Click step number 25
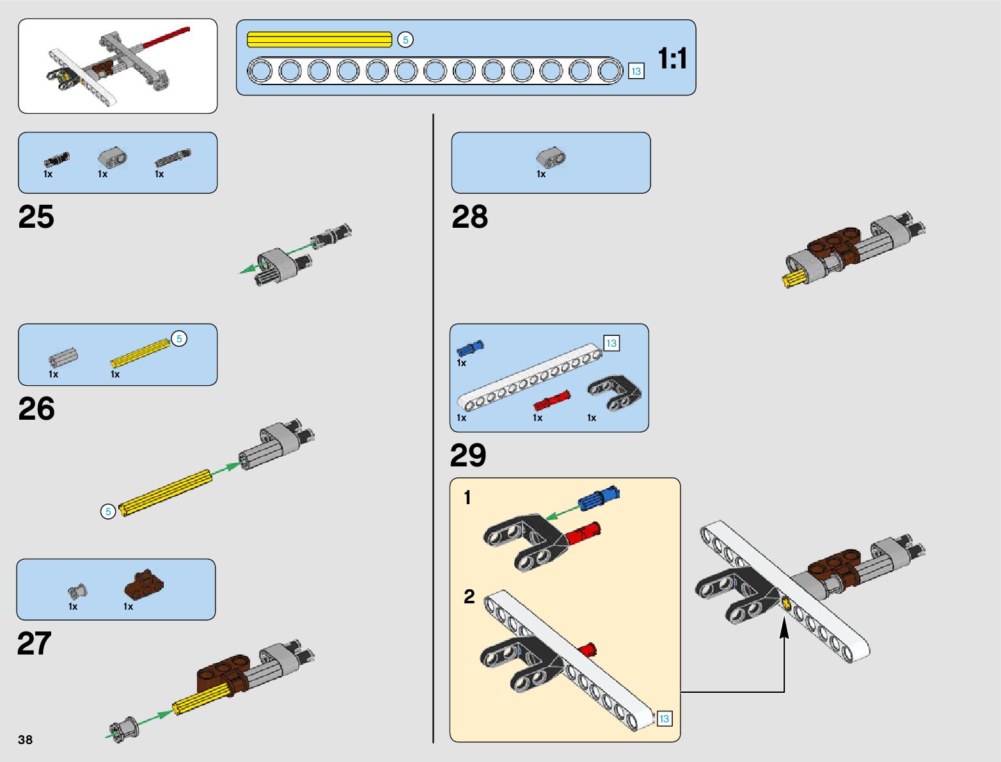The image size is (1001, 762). pyautogui.click(x=36, y=217)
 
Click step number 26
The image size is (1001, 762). pyautogui.click(x=36, y=409)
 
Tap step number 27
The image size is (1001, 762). pyautogui.click(x=34, y=644)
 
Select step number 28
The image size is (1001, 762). pyautogui.click(x=469, y=217)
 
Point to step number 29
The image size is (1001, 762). pyautogui.click(x=468, y=456)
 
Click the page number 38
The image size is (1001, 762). pyautogui.click(x=25, y=740)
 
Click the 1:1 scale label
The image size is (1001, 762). pyautogui.click(x=672, y=59)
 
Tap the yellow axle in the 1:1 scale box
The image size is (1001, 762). pyautogui.click(x=319, y=40)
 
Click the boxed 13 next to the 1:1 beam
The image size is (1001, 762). pyautogui.click(x=636, y=71)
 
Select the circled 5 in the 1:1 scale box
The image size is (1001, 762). pyautogui.click(x=405, y=40)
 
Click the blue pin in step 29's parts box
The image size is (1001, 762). pyautogui.click(x=470, y=348)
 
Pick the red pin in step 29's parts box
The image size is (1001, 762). pyautogui.click(x=551, y=400)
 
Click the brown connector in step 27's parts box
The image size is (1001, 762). pyautogui.click(x=144, y=582)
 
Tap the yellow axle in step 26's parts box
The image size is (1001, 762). pyautogui.click(x=140, y=353)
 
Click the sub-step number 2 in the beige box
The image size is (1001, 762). pyautogui.click(x=469, y=596)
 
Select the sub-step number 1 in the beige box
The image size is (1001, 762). pyautogui.click(x=468, y=497)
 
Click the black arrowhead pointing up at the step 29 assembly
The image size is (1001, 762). pyautogui.click(x=784, y=628)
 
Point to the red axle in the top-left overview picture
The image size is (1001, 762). pyautogui.click(x=166, y=37)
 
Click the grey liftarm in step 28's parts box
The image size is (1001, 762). pyautogui.click(x=551, y=157)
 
